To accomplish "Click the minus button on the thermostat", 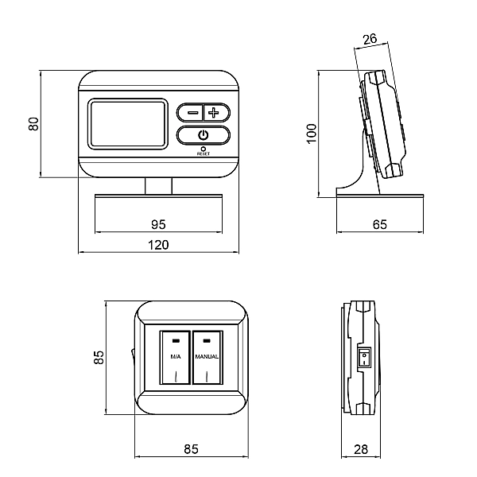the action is [191, 113].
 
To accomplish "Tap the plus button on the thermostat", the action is [215, 113].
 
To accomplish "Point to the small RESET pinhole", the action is [204, 149].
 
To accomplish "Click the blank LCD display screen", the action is [128, 124].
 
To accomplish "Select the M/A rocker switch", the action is [175, 357].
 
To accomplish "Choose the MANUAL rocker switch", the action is [207, 357].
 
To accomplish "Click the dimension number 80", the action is [33, 124].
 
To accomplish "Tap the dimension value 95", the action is [158, 224].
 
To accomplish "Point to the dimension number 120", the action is [158, 245].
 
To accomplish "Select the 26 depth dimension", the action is [370, 39].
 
